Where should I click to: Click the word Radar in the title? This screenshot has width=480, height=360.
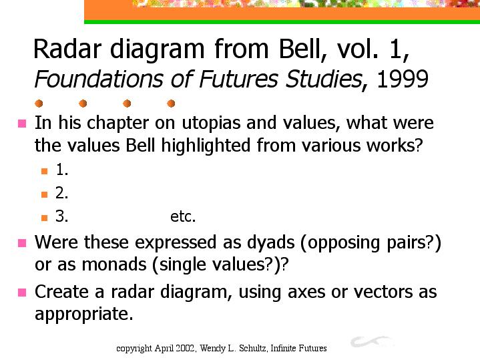[x=67, y=49]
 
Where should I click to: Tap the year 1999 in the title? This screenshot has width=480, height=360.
[x=403, y=79]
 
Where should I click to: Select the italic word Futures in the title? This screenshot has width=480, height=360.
[x=239, y=79]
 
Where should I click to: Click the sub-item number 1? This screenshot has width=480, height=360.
[x=62, y=170]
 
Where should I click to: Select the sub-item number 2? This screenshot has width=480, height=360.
[x=62, y=193]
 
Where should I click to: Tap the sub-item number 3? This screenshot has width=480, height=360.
[x=62, y=216]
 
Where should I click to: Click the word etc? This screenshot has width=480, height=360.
[x=183, y=217]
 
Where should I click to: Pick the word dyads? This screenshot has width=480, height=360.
[x=270, y=242]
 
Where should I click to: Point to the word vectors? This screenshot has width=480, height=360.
[x=383, y=292]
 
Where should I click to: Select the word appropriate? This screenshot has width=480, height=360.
[x=84, y=315]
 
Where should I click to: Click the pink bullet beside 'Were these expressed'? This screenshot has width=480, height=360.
[x=22, y=243]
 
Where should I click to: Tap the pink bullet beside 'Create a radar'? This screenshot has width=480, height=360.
[x=22, y=293]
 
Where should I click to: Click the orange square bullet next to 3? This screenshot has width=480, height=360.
[x=44, y=218]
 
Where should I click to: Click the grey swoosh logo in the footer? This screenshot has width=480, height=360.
[x=371, y=341]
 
